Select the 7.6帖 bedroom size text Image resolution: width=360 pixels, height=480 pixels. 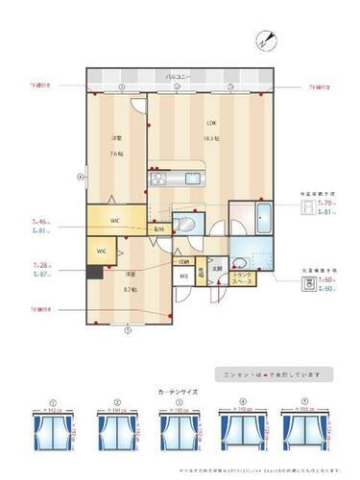tap(115, 153)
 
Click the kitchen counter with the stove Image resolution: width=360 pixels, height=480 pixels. tap(159, 180)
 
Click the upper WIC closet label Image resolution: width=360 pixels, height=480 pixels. tap(114, 221)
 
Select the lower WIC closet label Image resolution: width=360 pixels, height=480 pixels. tap(101, 252)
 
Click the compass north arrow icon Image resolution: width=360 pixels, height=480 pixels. tap(265, 39)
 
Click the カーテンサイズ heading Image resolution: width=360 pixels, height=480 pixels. tap(179, 393)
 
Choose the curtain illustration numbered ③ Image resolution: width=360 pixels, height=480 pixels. tap(179, 424)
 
